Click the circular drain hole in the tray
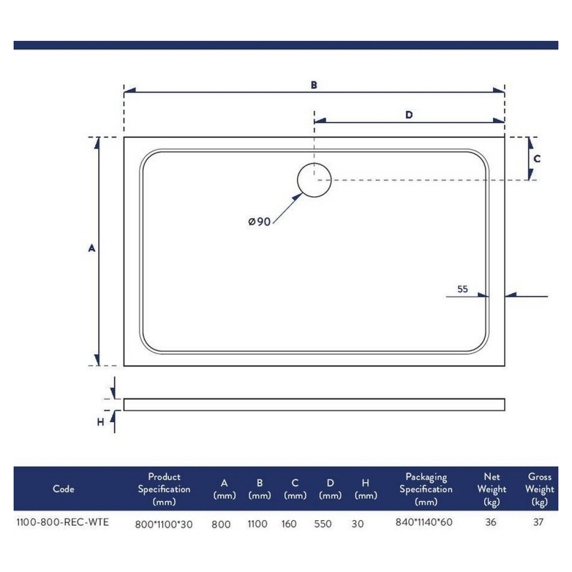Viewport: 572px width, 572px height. click(x=298, y=180)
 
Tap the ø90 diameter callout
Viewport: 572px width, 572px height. click(x=259, y=222)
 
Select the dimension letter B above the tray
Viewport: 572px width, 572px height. click(x=314, y=85)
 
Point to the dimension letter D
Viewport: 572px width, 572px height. click(x=409, y=115)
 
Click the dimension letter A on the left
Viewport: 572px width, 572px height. click(x=92, y=248)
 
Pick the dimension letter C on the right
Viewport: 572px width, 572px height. click(x=537, y=159)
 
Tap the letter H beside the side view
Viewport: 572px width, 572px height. click(x=101, y=422)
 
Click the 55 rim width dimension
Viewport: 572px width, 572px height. click(x=463, y=289)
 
